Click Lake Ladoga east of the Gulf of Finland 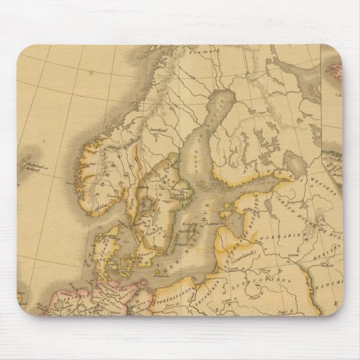click(x=295, y=163)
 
